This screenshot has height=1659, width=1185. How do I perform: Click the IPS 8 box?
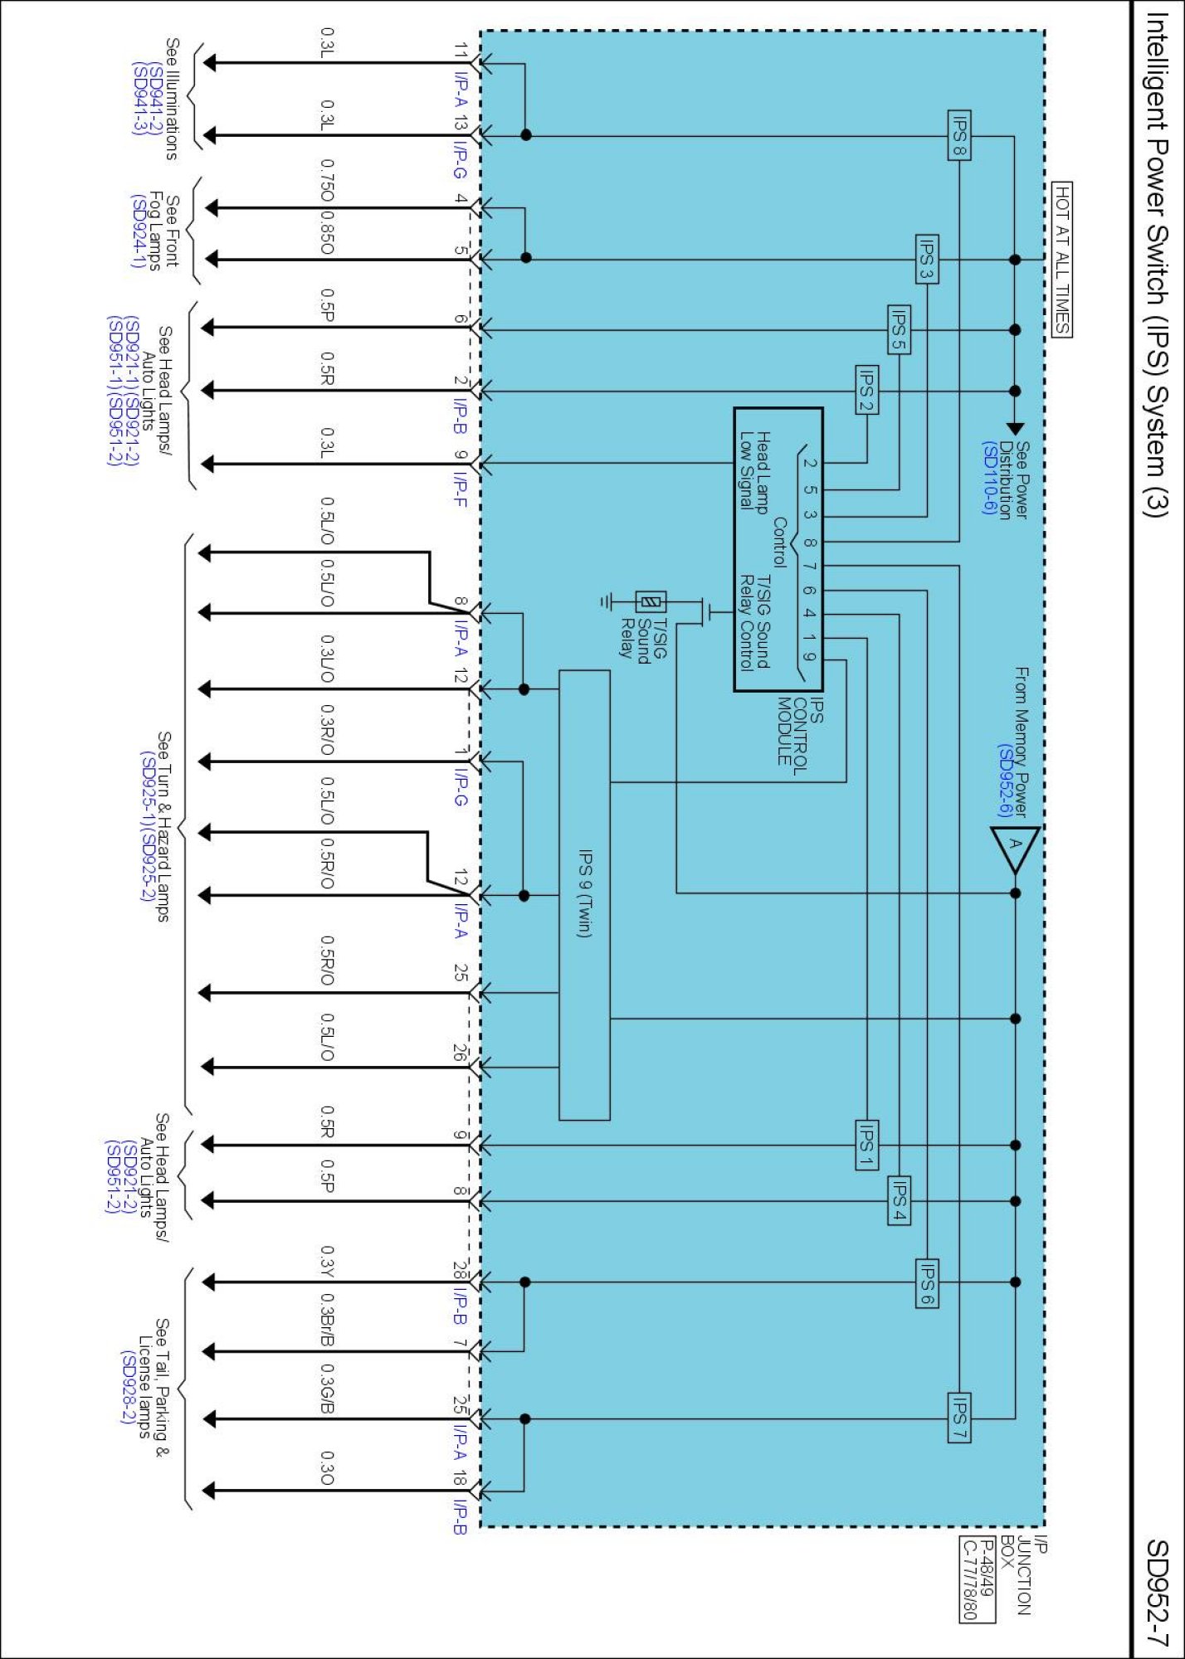coord(959,135)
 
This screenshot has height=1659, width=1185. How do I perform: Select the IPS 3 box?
coord(927,260)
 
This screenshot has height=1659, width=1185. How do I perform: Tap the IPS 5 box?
coord(899,329)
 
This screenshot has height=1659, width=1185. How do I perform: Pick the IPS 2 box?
coord(867,390)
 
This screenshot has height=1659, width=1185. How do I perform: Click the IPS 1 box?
coord(867,1145)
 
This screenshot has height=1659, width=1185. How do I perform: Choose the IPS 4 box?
coord(899,1200)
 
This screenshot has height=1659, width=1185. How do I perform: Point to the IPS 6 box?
coord(927,1282)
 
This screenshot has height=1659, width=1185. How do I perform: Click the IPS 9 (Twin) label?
coord(584,893)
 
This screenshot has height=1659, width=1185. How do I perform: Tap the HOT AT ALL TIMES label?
coord(1062,260)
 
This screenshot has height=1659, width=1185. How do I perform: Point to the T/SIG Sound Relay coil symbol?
coord(651,601)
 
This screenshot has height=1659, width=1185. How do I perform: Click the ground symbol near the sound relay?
coord(607,601)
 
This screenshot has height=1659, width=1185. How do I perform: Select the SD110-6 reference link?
coord(988,478)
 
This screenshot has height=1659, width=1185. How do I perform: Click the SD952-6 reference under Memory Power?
coord(1004,781)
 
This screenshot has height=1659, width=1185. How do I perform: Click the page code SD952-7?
coord(1157,1592)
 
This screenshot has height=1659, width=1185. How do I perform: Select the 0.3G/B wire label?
coord(328,1390)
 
